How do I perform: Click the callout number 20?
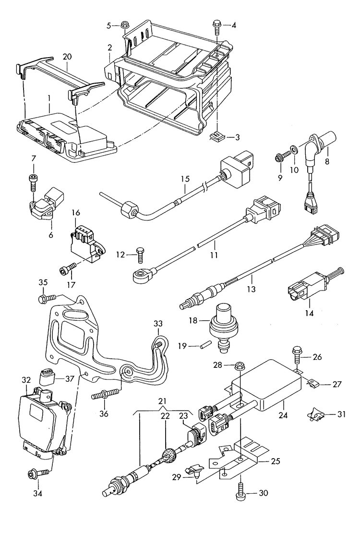tap(67, 57)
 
